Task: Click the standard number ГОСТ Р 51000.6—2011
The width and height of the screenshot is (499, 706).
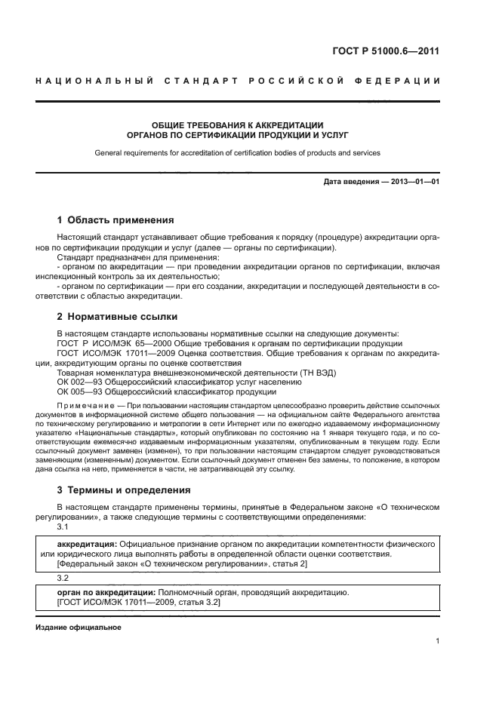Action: pos(386,51)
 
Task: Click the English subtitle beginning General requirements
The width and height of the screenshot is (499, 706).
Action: pos(237,152)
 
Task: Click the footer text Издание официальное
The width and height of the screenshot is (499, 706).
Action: pos(78,628)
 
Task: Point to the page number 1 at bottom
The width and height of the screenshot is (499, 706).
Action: pos(437,641)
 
